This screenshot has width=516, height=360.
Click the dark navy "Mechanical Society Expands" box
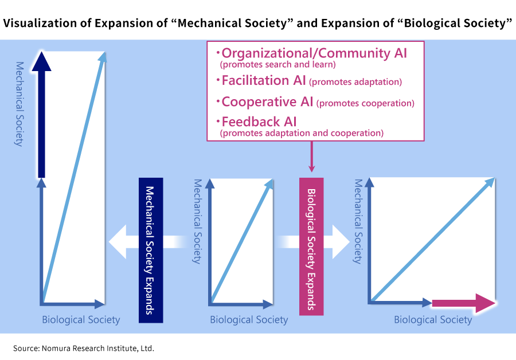(x=151, y=249)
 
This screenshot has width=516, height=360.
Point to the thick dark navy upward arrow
(x=42, y=115)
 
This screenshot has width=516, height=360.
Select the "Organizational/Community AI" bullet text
(x=314, y=54)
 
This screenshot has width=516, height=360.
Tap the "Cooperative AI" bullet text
(x=267, y=102)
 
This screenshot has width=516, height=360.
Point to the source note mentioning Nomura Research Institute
(x=84, y=348)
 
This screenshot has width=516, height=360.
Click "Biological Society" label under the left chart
(x=81, y=320)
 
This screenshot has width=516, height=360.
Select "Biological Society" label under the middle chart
(x=249, y=320)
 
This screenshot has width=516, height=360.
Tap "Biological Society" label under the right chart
(x=433, y=320)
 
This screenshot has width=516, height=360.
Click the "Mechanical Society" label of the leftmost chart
(x=19, y=103)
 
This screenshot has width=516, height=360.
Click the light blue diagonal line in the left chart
(x=73, y=178)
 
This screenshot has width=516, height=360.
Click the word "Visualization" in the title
(x=40, y=24)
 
